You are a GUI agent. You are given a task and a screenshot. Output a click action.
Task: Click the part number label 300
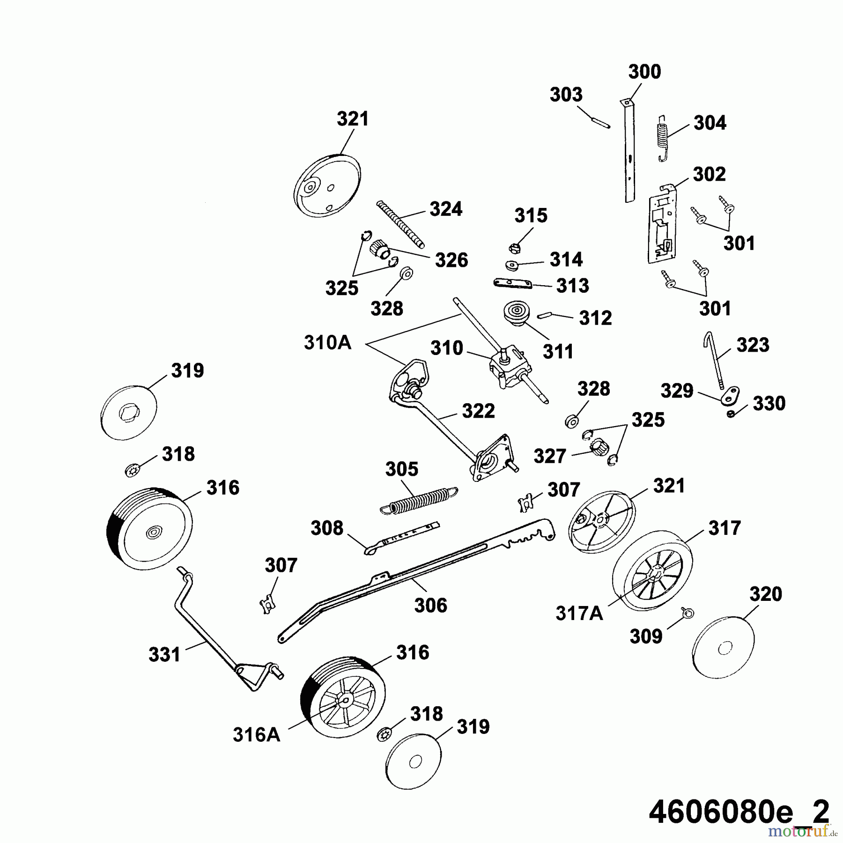[x=644, y=72]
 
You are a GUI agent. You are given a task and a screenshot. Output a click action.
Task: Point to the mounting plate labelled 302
[x=661, y=223]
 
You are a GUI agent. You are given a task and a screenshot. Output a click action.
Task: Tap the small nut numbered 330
[x=731, y=414]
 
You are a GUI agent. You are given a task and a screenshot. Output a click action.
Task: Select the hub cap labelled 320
[x=723, y=648]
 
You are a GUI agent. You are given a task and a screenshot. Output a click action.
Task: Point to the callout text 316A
[x=257, y=735]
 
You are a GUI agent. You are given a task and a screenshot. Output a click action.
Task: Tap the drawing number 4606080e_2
[x=739, y=812]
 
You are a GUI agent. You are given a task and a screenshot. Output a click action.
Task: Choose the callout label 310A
[x=327, y=343]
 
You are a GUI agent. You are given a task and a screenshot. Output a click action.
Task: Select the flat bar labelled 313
[x=513, y=284]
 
